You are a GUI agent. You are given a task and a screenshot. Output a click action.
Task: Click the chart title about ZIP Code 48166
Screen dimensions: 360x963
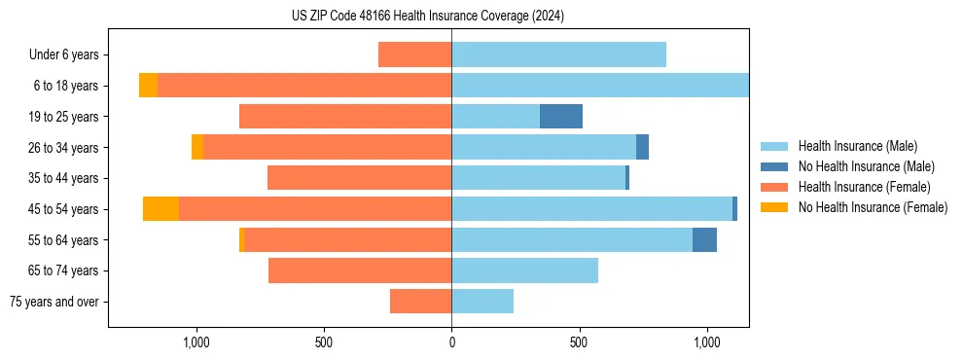[428, 16]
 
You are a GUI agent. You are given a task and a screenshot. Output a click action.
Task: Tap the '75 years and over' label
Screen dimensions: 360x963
[54, 302]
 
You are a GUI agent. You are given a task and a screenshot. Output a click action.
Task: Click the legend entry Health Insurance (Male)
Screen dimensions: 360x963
[856, 146]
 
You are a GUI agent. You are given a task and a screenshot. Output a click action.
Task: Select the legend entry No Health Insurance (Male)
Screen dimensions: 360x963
[864, 166]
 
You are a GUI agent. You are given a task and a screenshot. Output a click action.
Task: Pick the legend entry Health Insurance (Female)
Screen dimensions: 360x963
[863, 187]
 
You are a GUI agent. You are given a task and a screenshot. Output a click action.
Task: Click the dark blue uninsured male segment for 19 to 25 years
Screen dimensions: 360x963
[561, 117]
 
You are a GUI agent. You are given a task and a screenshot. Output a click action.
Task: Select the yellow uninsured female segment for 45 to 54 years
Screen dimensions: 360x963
[160, 209]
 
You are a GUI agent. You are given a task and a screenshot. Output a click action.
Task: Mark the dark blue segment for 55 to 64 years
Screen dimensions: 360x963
[704, 240]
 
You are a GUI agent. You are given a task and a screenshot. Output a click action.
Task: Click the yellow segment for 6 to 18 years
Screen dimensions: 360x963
[148, 86]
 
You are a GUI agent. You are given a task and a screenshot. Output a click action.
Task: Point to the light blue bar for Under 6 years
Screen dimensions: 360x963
[558, 54]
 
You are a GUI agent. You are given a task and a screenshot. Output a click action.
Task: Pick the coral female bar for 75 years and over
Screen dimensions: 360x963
[420, 302]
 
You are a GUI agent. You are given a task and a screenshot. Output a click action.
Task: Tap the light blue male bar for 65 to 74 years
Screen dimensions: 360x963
[524, 270]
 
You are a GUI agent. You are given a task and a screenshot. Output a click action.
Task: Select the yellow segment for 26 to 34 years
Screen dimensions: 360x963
[197, 147]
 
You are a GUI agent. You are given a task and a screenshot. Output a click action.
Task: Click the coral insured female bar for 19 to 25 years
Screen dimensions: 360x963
[345, 117]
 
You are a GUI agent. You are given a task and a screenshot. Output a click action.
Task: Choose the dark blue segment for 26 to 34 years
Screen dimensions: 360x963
[642, 147]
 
